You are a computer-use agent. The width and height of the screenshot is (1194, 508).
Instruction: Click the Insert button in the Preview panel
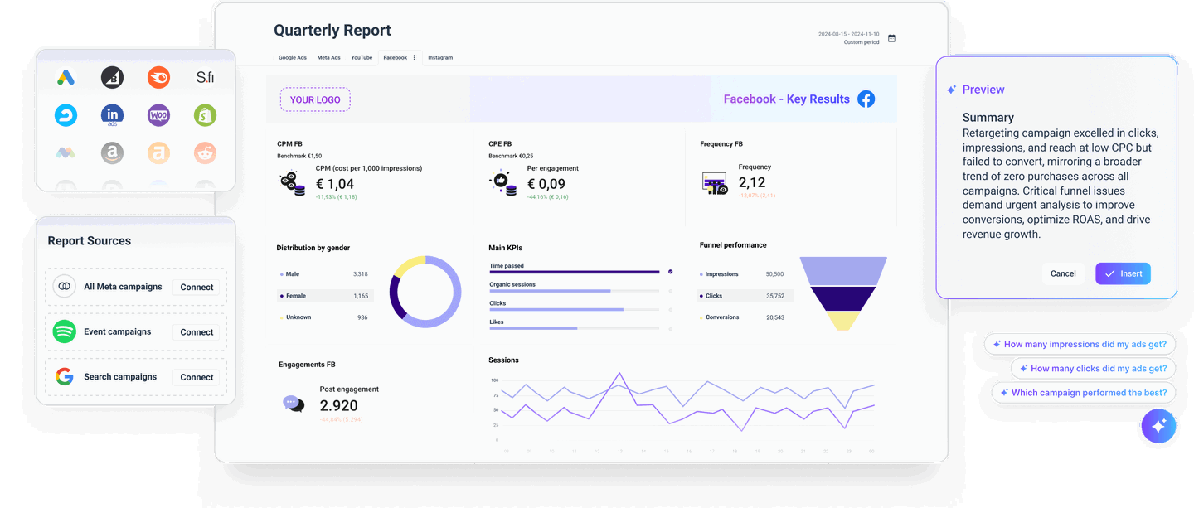click(1123, 273)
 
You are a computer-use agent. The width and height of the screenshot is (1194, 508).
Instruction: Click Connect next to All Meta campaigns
click(197, 288)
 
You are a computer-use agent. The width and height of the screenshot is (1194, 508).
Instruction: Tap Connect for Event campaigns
click(197, 332)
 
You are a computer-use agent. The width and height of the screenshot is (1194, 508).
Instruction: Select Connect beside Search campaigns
click(197, 377)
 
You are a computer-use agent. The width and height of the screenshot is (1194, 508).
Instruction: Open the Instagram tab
click(440, 58)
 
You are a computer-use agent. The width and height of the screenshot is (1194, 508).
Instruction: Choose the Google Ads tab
click(293, 58)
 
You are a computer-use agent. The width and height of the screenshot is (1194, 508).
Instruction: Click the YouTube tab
click(362, 58)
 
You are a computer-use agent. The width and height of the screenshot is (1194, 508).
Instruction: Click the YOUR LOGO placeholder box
click(315, 99)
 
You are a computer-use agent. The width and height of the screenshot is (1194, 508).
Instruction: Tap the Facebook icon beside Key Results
click(866, 99)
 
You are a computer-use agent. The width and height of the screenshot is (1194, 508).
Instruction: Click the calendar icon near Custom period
click(892, 38)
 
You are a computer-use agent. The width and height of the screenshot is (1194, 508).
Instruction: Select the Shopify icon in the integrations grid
click(205, 115)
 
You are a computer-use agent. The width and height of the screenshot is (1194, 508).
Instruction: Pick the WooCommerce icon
click(158, 115)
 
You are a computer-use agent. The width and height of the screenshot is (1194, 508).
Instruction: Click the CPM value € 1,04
click(335, 184)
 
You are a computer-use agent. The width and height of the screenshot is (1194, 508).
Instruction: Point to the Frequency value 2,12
click(752, 182)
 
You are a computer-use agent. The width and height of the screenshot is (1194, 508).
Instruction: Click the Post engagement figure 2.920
click(338, 405)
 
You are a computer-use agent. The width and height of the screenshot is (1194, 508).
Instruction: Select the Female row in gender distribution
click(324, 296)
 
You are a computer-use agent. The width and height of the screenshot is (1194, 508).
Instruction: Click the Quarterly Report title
click(332, 31)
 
